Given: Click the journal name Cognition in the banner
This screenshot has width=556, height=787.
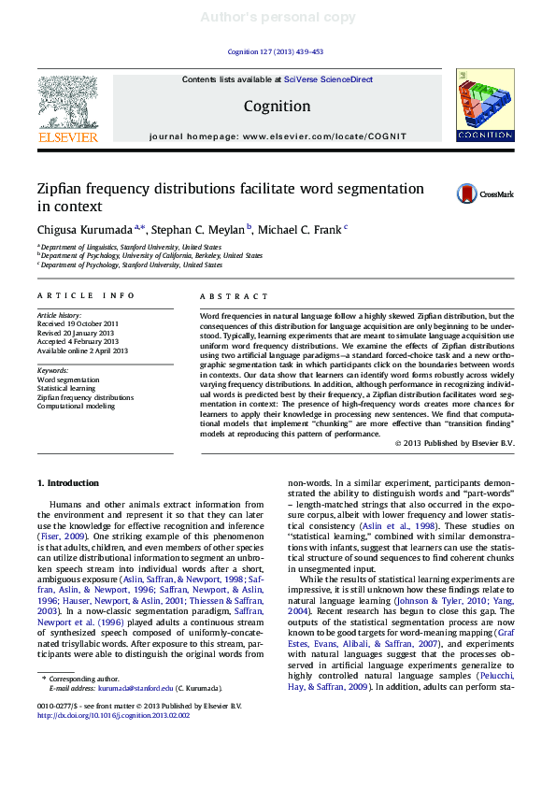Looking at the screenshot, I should click(x=277, y=107).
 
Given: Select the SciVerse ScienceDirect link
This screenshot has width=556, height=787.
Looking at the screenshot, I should click(x=328, y=80).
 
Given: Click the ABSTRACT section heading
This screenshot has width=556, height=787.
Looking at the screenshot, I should click(x=226, y=296).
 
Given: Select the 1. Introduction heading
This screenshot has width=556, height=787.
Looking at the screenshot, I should click(x=67, y=483).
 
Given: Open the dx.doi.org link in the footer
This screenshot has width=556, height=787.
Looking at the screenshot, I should click(x=113, y=715).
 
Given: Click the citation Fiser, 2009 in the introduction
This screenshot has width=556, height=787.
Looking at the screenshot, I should click(x=63, y=537).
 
